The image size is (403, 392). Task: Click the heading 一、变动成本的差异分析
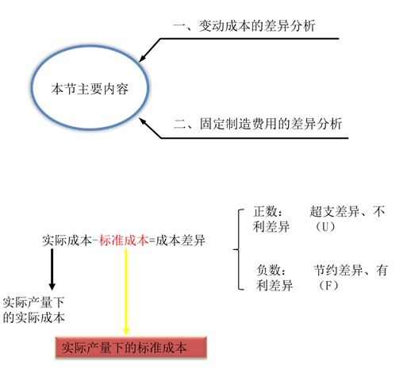click(x=244, y=26)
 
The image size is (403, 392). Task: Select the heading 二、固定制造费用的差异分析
click(x=258, y=124)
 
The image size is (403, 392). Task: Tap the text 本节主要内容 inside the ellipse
click(x=90, y=89)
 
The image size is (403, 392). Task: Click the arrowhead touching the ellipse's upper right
click(x=142, y=59)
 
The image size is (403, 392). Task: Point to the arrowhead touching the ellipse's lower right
click(x=143, y=121)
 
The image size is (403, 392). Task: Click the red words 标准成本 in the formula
click(x=124, y=240)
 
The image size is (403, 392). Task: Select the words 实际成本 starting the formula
click(x=67, y=240)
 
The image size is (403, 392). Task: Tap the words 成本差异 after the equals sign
click(x=180, y=240)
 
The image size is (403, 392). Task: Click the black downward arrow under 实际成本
click(x=52, y=269)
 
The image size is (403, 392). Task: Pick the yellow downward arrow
click(x=126, y=291)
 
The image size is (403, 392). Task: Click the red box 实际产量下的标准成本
click(x=131, y=348)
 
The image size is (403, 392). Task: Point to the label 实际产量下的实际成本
click(x=33, y=309)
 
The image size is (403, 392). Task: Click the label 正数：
click(x=267, y=211)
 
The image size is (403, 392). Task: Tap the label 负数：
click(x=271, y=270)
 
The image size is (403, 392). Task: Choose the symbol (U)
click(x=325, y=227)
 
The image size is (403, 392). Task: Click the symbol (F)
click(x=328, y=286)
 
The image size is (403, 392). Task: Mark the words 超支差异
click(x=334, y=211)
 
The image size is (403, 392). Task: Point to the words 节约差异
click(x=338, y=270)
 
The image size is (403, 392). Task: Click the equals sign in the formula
click(x=152, y=240)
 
